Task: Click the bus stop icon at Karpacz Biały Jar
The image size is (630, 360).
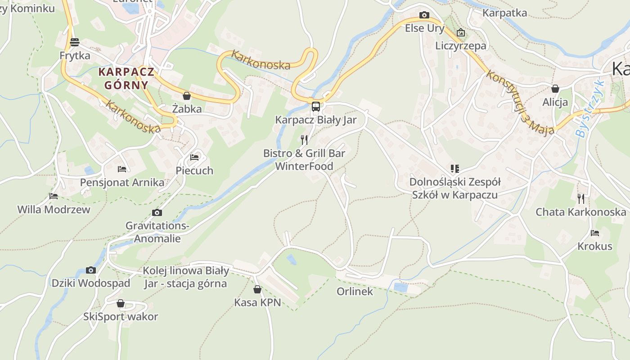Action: click(316, 107)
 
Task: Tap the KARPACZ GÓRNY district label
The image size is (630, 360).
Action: click(126, 78)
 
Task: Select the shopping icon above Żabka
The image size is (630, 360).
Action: click(187, 96)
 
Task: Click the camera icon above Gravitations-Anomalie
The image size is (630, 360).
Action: click(157, 213)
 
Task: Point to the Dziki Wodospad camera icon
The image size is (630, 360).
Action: click(91, 270)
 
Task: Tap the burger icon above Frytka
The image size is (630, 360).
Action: click(75, 42)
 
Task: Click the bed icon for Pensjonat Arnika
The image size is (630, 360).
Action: click(122, 169)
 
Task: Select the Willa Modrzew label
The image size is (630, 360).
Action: click(54, 209)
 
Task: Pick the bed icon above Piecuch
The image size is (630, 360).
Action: click(194, 157)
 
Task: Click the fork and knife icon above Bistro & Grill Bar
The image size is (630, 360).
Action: click(304, 140)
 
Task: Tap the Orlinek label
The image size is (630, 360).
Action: click(355, 291)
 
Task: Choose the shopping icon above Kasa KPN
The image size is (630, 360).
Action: click(257, 289)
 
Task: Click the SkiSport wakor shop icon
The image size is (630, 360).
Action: click(121, 303)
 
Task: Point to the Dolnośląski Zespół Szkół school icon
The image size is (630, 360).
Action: click(455, 169)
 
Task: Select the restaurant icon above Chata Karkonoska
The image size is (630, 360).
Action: click(580, 198)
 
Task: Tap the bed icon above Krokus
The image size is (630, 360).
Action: click(595, 233)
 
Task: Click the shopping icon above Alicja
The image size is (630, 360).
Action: click(555, 89)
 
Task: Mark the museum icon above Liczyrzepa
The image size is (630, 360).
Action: click(460, 32)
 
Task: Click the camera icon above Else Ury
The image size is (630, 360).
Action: click(424, 15)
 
